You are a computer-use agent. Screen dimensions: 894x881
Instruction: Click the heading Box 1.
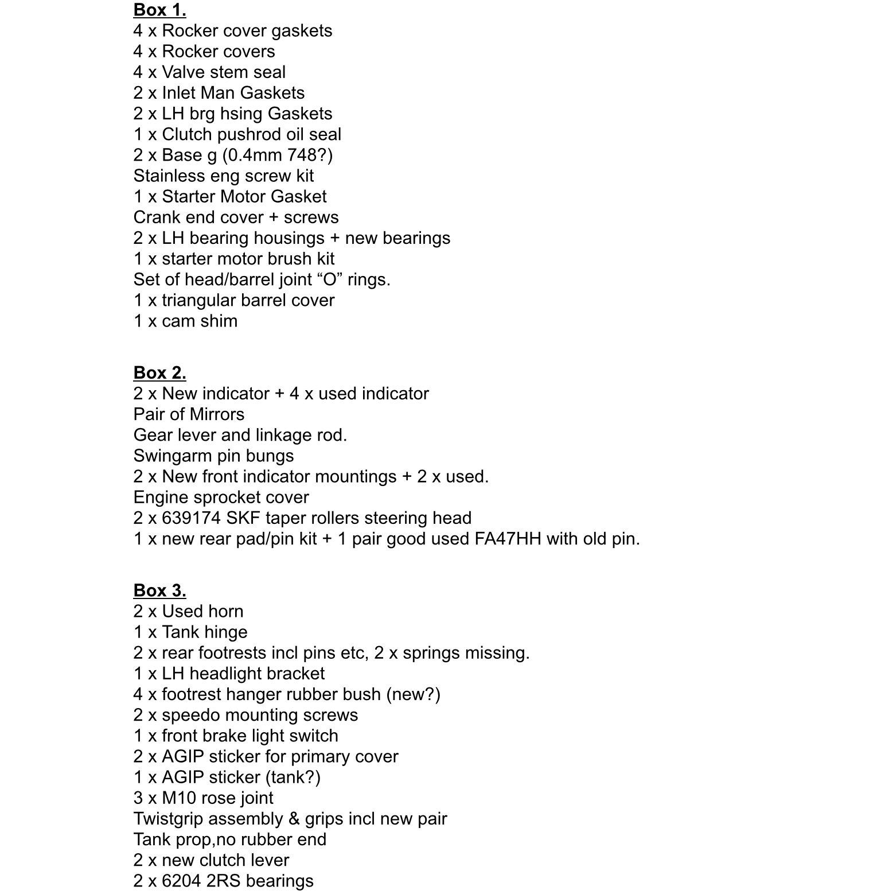tap(159, 10)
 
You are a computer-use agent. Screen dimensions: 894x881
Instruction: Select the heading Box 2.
tap(159, 372)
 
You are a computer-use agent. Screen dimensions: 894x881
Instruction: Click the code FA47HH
tap(508, 538)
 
